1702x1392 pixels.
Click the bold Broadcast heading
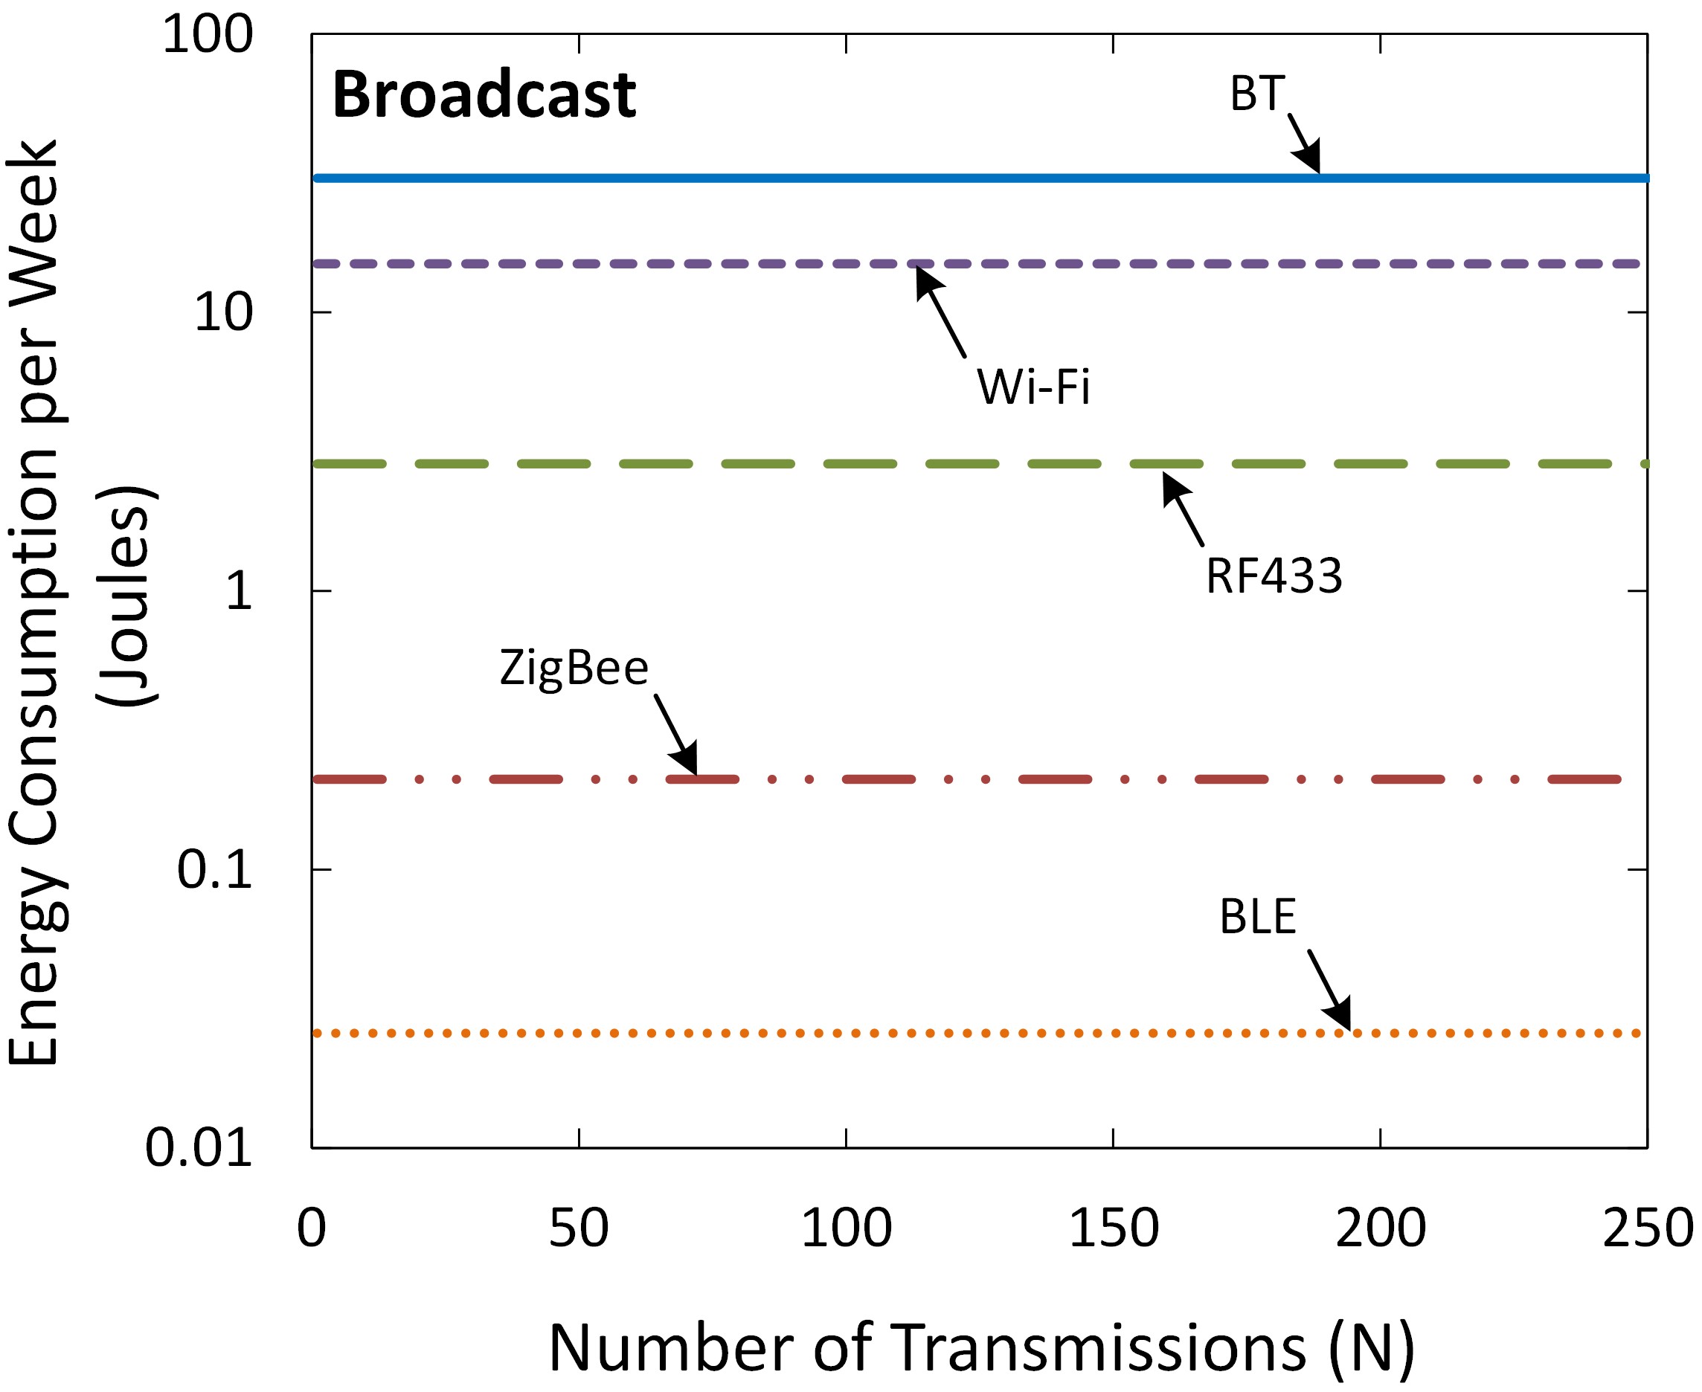pos(484,94)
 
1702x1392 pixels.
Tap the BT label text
pos(1257,94)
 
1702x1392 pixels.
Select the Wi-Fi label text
pos(1033,387)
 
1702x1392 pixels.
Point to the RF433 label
pos(1274,576)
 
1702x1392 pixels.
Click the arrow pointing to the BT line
pos(1304,144)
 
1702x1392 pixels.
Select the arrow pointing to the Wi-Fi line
pos(941,313)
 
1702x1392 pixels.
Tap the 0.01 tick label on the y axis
pos(198,1147)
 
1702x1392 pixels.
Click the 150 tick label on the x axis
pos(1114,1228)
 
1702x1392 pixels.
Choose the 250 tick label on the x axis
pos(1647,1228)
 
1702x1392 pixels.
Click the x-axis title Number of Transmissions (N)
pos(981,1348)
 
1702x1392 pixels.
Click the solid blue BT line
pos(802,177)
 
